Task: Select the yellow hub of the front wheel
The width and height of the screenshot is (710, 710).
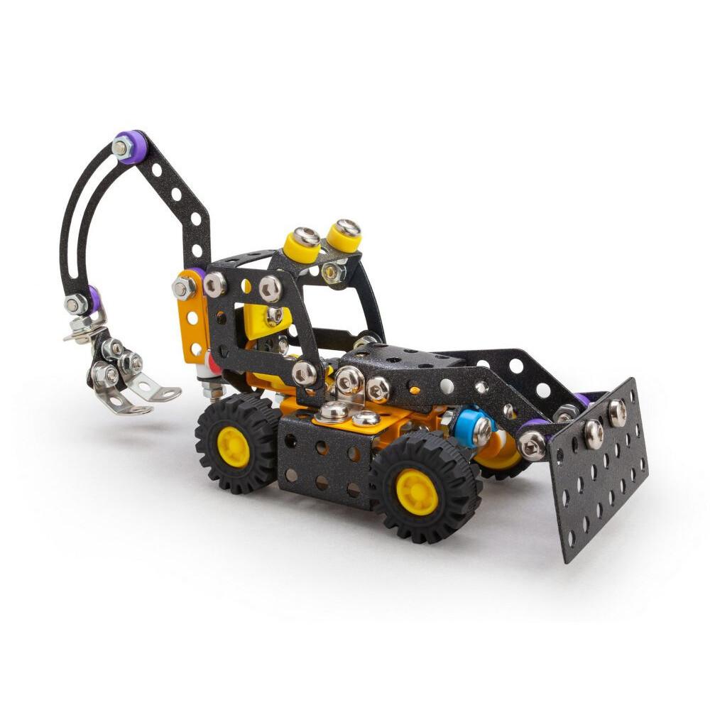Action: tap(417, 491)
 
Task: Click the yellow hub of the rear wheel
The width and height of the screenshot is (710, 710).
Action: tap(233, 447)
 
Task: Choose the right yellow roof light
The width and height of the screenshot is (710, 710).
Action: tap(345, 235)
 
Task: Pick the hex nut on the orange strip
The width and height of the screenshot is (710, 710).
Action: tap(182, 288)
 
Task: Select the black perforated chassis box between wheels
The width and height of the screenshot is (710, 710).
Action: tap(323, 461)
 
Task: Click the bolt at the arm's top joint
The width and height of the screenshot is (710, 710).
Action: tap(121, 148)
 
